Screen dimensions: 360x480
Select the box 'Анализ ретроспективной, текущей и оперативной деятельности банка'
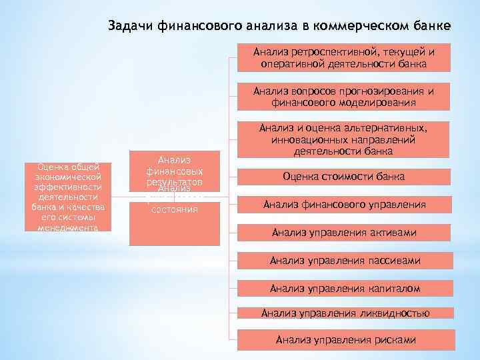tap(343, 57)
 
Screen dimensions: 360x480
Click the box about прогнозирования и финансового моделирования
tap(343, 97)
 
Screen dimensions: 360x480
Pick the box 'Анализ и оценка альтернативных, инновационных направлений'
tap(343, 141)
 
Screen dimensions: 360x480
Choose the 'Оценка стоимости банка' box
tap(343, 177)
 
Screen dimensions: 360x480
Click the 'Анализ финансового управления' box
tap(343, 205)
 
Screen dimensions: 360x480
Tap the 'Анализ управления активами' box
tap(343, 233)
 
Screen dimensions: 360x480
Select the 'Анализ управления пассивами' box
tap(343, 261)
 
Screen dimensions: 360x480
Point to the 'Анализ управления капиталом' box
tap(343, 288)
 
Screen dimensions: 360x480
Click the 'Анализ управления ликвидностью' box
tap(343, 313)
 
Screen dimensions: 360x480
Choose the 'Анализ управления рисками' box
tap(343, 340)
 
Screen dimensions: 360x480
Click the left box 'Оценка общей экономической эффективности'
tap(68, 197)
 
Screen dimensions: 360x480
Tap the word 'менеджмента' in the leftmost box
tap(68, 227)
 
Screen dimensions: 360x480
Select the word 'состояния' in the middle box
tap(175, 209)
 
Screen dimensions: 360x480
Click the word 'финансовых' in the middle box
tap(175, 171)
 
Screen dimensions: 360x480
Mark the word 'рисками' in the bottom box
tap(394, 340)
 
